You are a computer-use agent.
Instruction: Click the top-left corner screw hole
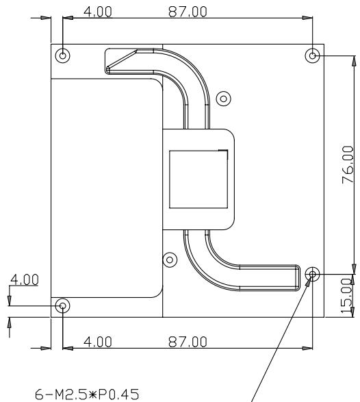(x=62, y=55)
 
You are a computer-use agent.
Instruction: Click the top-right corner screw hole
(x=312, y=55)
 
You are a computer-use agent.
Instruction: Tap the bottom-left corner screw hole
(x=62, y=305)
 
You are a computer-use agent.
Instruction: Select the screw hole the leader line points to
(x=312, y=274)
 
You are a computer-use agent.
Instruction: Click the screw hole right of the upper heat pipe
(x=223, y=99)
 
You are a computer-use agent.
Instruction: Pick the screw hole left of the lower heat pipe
(x=170, y=260)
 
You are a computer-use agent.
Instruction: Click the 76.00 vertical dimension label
(x=348, y=164)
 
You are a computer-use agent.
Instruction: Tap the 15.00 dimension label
(x=346, y=296)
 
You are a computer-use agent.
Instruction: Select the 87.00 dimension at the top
(x=188, y=12)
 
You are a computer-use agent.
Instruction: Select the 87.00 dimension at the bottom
(x=188, y=342)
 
